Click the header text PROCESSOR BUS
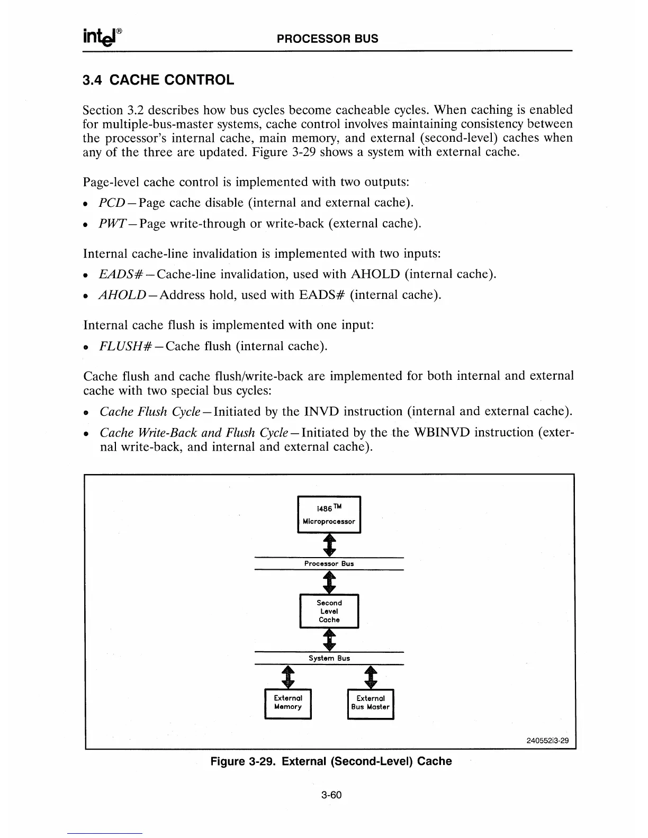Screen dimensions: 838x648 tap(328, 39)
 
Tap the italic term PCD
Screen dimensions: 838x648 tap(112, 203)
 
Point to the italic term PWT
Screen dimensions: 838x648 tap(112, 224)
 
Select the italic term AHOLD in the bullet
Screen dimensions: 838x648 tap(122, 295)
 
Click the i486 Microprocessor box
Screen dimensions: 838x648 tap(329, 514)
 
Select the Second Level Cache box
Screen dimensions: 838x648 tap(329, 611)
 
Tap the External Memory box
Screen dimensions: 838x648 tap(288, 703)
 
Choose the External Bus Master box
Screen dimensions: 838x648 tap(371, 703)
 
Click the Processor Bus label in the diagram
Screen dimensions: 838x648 tap(329, 563)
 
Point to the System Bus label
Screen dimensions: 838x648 tap(329, 658)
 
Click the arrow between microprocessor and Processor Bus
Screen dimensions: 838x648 tap(329, 544)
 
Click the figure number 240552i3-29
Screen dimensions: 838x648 tap(547, 740)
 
